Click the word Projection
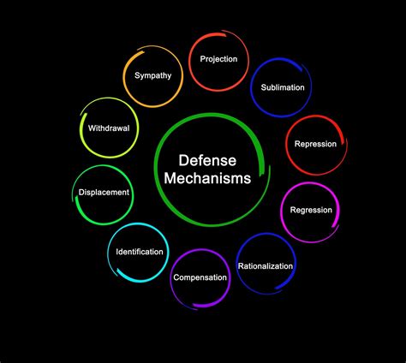tap(218, 59)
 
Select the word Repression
tap(314, 145)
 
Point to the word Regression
tap(311, 210)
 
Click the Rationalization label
tap(265, 265)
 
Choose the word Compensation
tap(200, 277)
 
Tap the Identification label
tap(139, 252)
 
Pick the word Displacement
tap(104, 193)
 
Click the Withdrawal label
tap(108, 128)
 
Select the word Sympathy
tap(152, 75)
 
